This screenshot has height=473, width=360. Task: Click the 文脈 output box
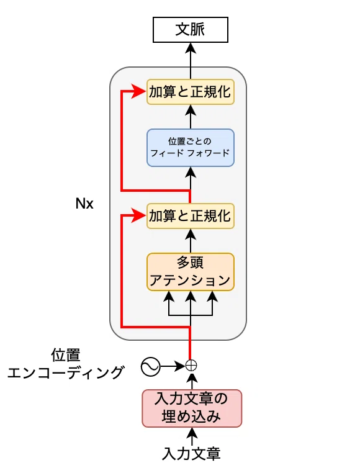point(191,30)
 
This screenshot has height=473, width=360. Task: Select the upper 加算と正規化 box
point(191,92)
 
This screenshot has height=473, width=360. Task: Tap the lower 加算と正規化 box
point(191,216)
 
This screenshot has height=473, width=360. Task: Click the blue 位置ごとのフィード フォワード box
point(191,148)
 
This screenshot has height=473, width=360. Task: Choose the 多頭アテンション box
point(191,272)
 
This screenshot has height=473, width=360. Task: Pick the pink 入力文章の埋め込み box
point(192,408)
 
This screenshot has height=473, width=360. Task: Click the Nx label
point(84,204)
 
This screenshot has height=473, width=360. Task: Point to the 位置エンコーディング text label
point(65,364)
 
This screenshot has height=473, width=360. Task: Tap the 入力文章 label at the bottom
point(191,453)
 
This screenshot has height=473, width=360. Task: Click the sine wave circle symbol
point(150,367)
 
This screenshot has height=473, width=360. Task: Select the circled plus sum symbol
point(191,366)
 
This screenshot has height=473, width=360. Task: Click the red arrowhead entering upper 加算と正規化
point(139,91)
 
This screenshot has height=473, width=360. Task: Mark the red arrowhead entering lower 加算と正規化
point(139,215)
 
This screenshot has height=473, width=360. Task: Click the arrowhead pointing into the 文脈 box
point(191,48)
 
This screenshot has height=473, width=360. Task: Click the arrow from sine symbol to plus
point(173,366)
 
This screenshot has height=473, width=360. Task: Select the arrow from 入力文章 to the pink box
point(192,437)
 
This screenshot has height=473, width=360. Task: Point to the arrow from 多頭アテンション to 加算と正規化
point(191,241)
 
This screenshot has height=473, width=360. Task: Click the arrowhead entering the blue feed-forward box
point(191,172)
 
